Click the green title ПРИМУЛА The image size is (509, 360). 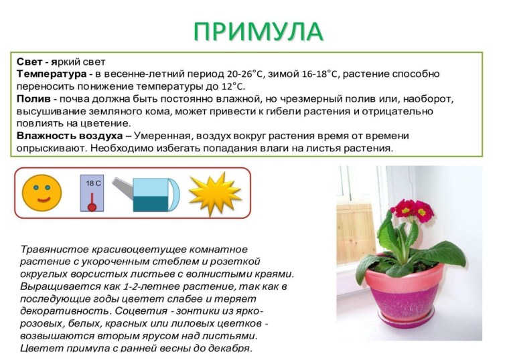(x=259, y=31)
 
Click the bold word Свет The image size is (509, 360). (x=30, y=61)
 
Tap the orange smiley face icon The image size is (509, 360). (x=42, y=192)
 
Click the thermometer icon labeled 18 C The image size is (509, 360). (x=92, y=193)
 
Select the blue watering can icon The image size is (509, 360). (x=155, y=194)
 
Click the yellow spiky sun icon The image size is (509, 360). (x=214, y=193)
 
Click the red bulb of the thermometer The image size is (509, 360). (x=92, y=207)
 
